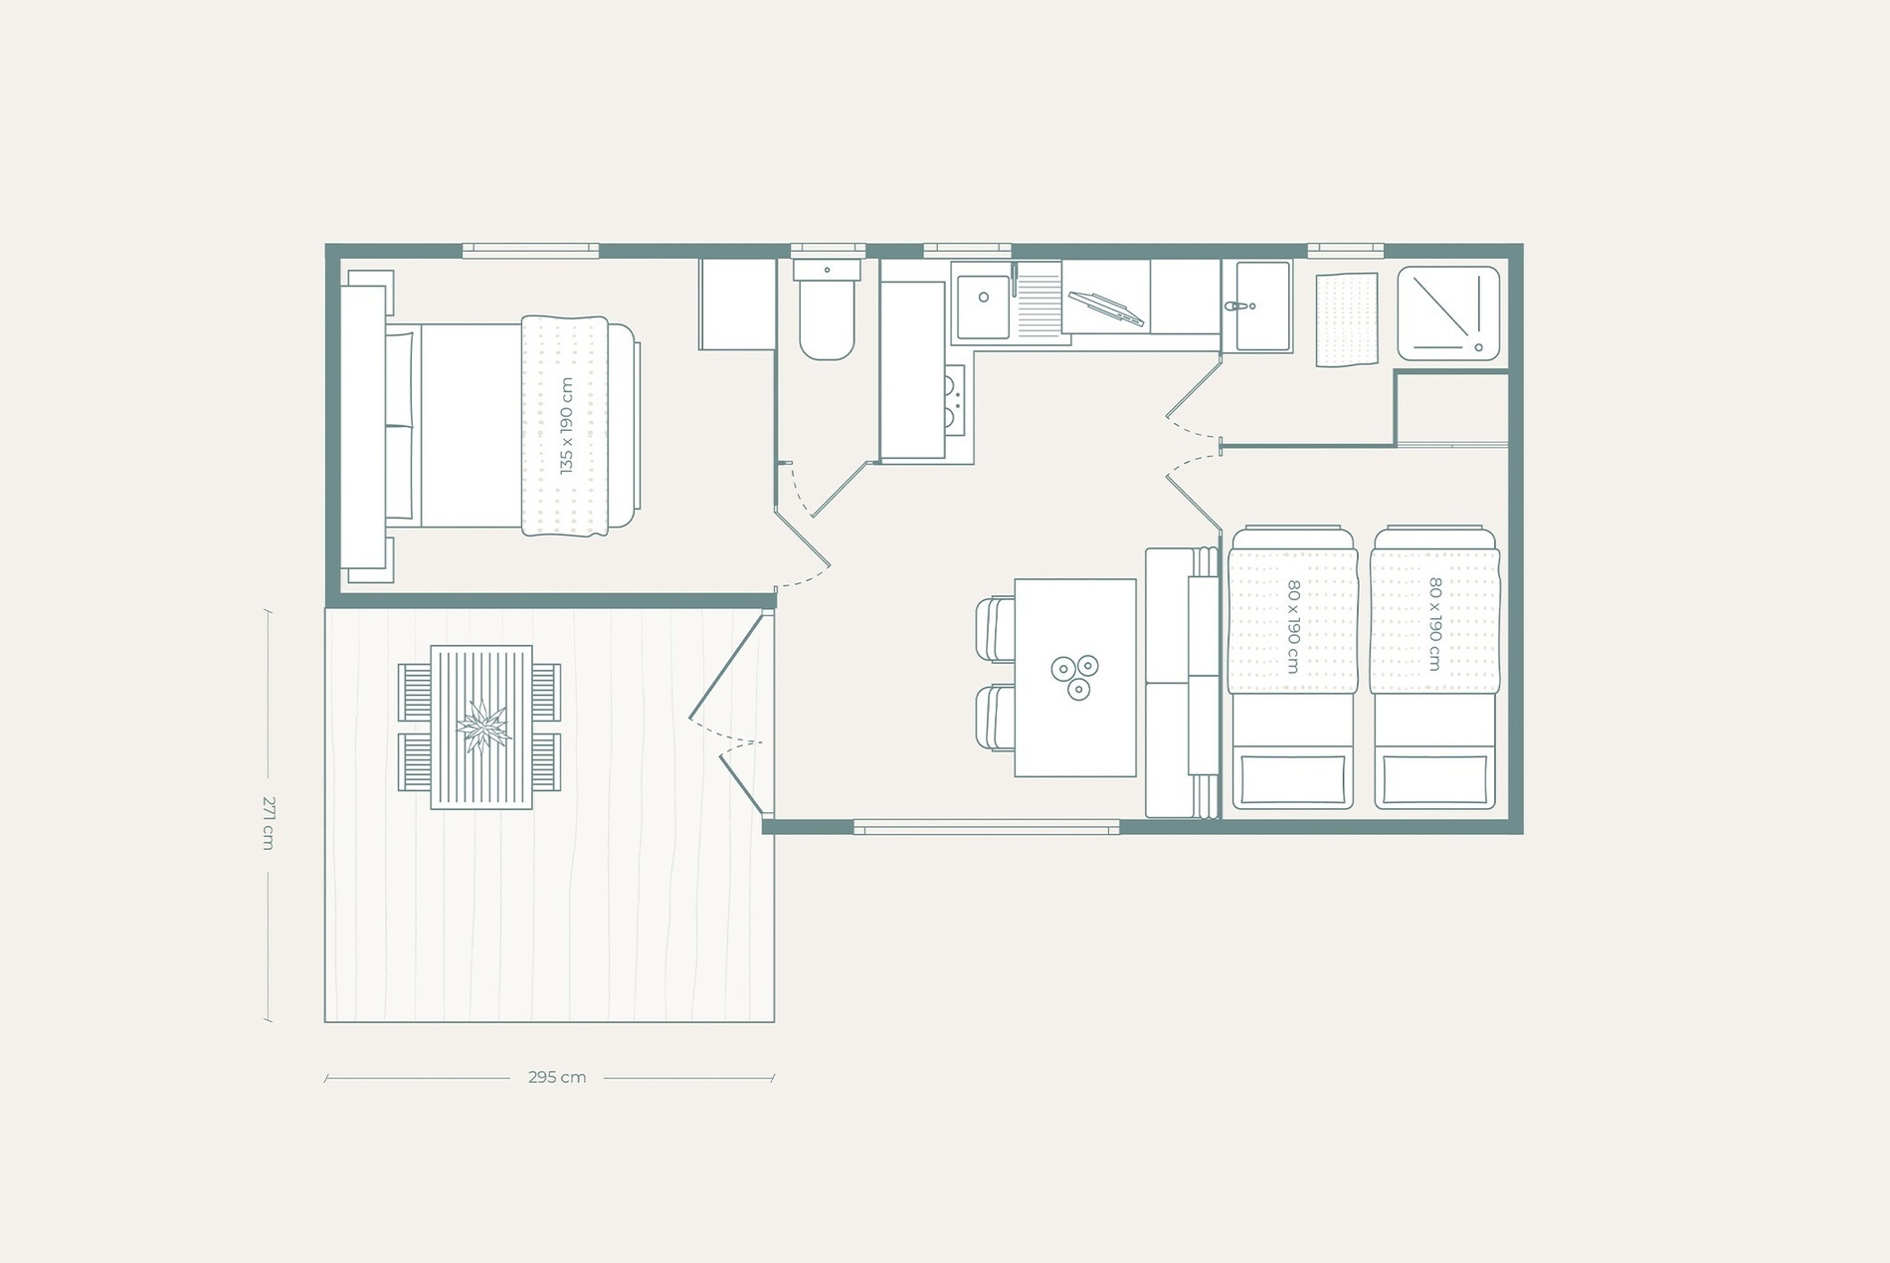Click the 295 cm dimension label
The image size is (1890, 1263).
pyautogui.click(x=557, y=1077)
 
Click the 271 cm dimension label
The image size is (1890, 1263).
pyautogui.click(x=268, y=822)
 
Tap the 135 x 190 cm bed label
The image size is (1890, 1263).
pyautogui.click(x=566, y=425)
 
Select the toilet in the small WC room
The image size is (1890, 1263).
pyautogui.click(x=827, y=318)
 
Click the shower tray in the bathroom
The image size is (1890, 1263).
pyautogui.click(x=1447, y=313)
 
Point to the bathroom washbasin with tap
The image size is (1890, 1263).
pyautogui.click(x=1256, y=307)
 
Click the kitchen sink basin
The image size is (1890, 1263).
pyautogui.click(x=982, y=299)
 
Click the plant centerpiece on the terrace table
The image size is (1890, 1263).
pyautogui.click(x=483, y=727)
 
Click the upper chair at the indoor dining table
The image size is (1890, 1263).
pyautogui.click(x=995, y=629)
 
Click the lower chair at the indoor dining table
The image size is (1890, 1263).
pyautogui.click(x=995, y=718)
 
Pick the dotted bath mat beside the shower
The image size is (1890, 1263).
pyautogui.click(x=1347, y=320)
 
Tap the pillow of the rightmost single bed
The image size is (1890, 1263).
pyautogui.click(x=1434, y=779)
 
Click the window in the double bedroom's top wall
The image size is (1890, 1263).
pyautogui.click(x=530, y=250)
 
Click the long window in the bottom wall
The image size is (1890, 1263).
pyautogui.click(x=986, y=827)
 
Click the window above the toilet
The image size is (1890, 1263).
pyautogui.click(x=828, y=250)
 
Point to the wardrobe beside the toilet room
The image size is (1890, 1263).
pyautogui.click(x=736, y=305)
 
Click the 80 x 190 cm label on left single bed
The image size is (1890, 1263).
pyautogui.click(x=1293, y=627)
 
